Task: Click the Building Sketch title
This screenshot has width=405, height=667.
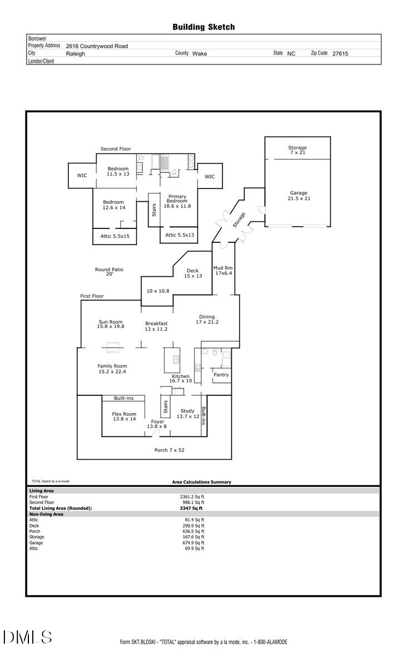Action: tap(203, 27)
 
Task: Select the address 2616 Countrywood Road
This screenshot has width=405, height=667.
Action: tap(97, 46)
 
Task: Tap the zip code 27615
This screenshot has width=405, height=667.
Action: tap(340, 54)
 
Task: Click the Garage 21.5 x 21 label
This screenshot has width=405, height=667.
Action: tap(298, 196)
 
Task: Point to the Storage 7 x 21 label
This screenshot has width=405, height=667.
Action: tap(298, 150)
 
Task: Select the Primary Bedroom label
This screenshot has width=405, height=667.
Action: tap(177, 201)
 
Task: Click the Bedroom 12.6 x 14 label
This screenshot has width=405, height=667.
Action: tap(113, 205)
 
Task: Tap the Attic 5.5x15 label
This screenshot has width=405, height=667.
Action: tap(115, 236)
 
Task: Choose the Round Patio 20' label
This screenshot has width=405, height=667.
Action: tap(109, 272)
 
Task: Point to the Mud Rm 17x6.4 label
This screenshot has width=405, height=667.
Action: tap(224, 270)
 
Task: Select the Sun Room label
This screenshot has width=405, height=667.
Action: tap(111, 324)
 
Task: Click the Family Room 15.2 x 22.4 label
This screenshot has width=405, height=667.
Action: tap(112, 369)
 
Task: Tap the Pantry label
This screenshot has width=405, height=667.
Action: tap(221, 375)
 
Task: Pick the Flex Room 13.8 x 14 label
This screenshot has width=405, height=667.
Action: tap(124, 416)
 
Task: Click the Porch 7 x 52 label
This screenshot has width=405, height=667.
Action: tap(169, 450)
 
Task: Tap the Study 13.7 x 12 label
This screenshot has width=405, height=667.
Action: tap(188, 414)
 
